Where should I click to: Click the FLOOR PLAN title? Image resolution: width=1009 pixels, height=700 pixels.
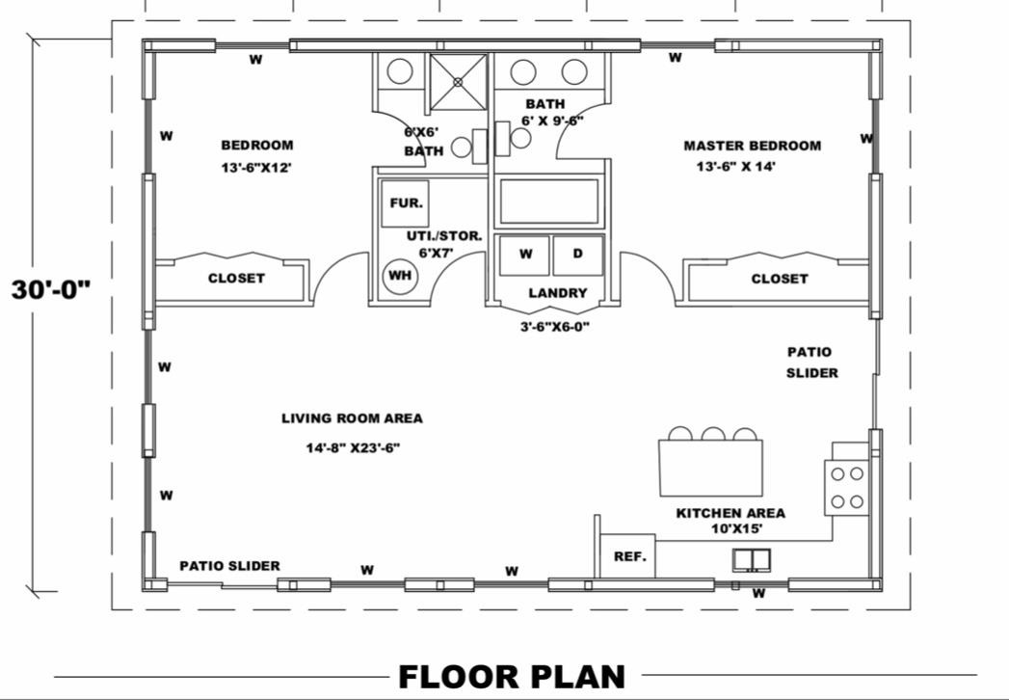pos(512,677)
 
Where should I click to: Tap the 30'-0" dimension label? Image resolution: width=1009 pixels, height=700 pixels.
pos(51,290)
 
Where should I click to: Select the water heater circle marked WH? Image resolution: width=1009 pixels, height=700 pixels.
pos(400,276)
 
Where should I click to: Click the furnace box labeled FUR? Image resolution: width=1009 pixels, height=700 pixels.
pos(405,202)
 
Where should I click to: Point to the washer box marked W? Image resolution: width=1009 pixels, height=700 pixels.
pos(525,255)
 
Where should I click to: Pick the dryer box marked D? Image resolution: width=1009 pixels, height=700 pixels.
pos(578,255)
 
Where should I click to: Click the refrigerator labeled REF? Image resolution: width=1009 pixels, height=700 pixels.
pos(628,555)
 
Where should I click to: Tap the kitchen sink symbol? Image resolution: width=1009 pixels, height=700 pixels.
pos(751,559)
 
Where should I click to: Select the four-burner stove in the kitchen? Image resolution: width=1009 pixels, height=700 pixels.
pos(847,488)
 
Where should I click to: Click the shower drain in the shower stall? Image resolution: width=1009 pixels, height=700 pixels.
pos(458,82)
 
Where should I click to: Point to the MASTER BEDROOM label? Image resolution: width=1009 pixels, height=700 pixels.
pos(753,146)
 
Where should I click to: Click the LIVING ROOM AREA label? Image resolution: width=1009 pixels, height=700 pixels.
pos(352,418)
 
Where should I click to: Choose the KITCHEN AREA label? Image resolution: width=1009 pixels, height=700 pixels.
pos(730,513)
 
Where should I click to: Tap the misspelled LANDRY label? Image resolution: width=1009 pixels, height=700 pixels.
pos(558,293)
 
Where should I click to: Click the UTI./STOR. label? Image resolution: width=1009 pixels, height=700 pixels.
pos(444,235)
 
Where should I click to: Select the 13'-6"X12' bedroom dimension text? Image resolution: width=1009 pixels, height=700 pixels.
pos(256,168)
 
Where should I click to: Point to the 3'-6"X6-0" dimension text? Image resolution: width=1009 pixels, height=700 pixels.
pos(555,327)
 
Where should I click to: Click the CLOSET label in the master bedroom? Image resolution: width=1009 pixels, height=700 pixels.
pos(780,279)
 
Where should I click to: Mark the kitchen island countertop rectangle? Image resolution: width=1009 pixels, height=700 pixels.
pos(711,469)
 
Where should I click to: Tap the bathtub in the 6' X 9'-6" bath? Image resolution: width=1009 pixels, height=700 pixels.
pos(549,202)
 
